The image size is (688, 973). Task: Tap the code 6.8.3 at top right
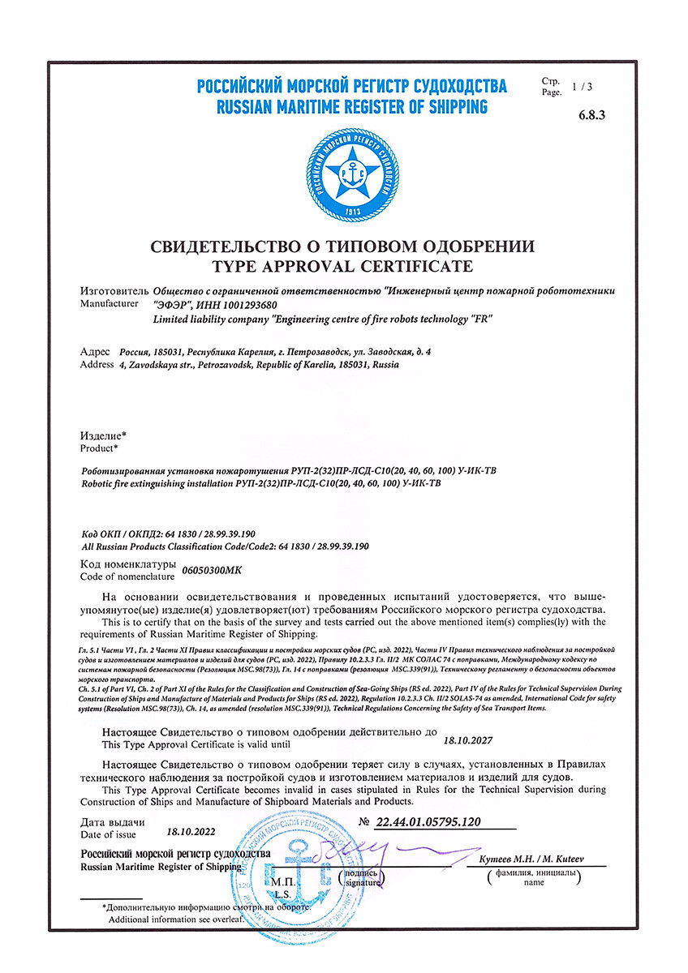[x=592, y=114]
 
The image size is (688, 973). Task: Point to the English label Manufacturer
[x=114, y=304]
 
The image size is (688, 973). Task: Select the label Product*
[x=99, y=447]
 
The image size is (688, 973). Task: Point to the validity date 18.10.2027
[x=468, y=739]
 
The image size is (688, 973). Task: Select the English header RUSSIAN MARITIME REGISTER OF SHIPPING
[x=352, y=107]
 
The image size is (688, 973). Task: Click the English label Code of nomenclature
[x=127, y=577]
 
